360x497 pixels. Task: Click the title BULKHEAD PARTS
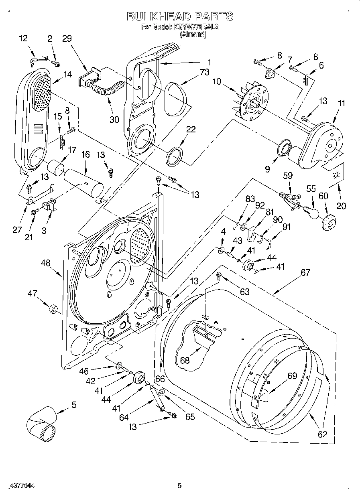pyautogui.click(x=180, y=16)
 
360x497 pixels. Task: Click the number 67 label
pyautogui.click(x=305, y=272)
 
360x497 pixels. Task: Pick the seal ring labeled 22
pyautogui.click(x=175, y=156)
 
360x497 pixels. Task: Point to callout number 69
pyautogui.click(x=292, y=376)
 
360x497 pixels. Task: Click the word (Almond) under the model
pyautogui.click(x=193, y=34)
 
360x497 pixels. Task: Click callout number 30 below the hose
pyautogui.click(x=114, y=119)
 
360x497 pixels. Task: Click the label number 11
pyautogui.click(x=341, y=103)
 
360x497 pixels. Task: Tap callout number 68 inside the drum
pyautogui.click(x=185, y=360)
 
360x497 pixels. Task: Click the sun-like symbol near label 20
pyautogui.click(x=336, y=175)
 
